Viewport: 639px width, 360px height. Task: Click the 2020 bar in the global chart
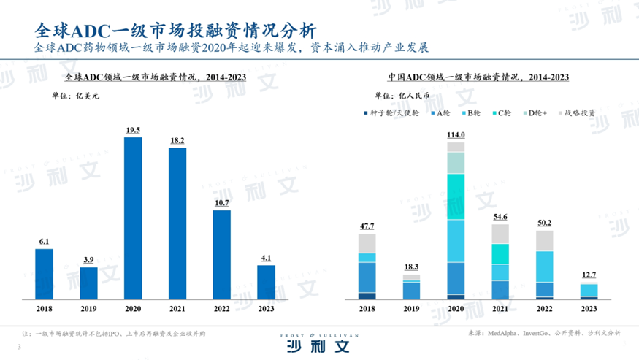pyautogui.click(x=133, y=218)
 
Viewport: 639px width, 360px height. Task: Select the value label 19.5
pyautogui.click(x=133, y=130)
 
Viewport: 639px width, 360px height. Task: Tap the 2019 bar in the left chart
pyautogui.click(x=88, y=283)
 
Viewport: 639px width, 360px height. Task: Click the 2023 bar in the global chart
pyautogui.click(x=266, y=282)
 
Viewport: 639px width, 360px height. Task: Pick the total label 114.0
pyautogui.click(x=455, y=135)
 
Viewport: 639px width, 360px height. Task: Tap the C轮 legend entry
pyautogui.click(x=505, y=113)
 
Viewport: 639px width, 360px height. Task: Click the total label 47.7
pyautogui.click(x=367, y=227)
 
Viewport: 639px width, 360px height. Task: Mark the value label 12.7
pyautogui.click(x=589, y=275)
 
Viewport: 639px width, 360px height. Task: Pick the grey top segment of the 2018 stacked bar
pyautogui.click(x=367, y=243)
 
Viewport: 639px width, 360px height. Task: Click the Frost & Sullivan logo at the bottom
pyautogui.click(x=319, y=342)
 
